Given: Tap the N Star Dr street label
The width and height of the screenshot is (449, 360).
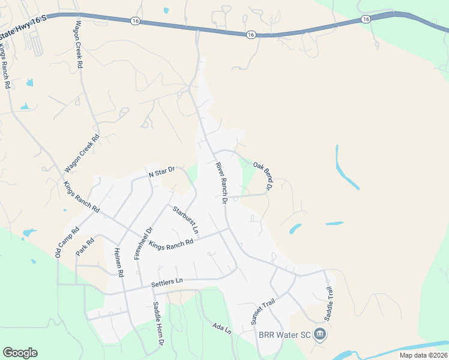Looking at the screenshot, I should coord(161,172).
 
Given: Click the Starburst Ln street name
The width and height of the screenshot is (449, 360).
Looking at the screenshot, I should coord(185,220).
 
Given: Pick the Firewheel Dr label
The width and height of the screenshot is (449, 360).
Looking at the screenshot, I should coord(144,242).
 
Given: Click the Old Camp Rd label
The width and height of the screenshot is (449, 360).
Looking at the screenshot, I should coord(67,243).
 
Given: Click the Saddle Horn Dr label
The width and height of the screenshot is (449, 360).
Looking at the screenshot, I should coord(158,324).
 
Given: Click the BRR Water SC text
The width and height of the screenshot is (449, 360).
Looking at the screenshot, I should coord(284,335).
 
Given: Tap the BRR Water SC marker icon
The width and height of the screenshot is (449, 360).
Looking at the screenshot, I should coord(320,334).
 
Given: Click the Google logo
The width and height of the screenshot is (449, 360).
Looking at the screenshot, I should coord(20,353).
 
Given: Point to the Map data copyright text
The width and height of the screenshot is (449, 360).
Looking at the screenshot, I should coord(423,355).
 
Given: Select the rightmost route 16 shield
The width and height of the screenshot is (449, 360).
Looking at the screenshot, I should coord(366,19).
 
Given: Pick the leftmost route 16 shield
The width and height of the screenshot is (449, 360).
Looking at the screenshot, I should coord(135,20).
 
